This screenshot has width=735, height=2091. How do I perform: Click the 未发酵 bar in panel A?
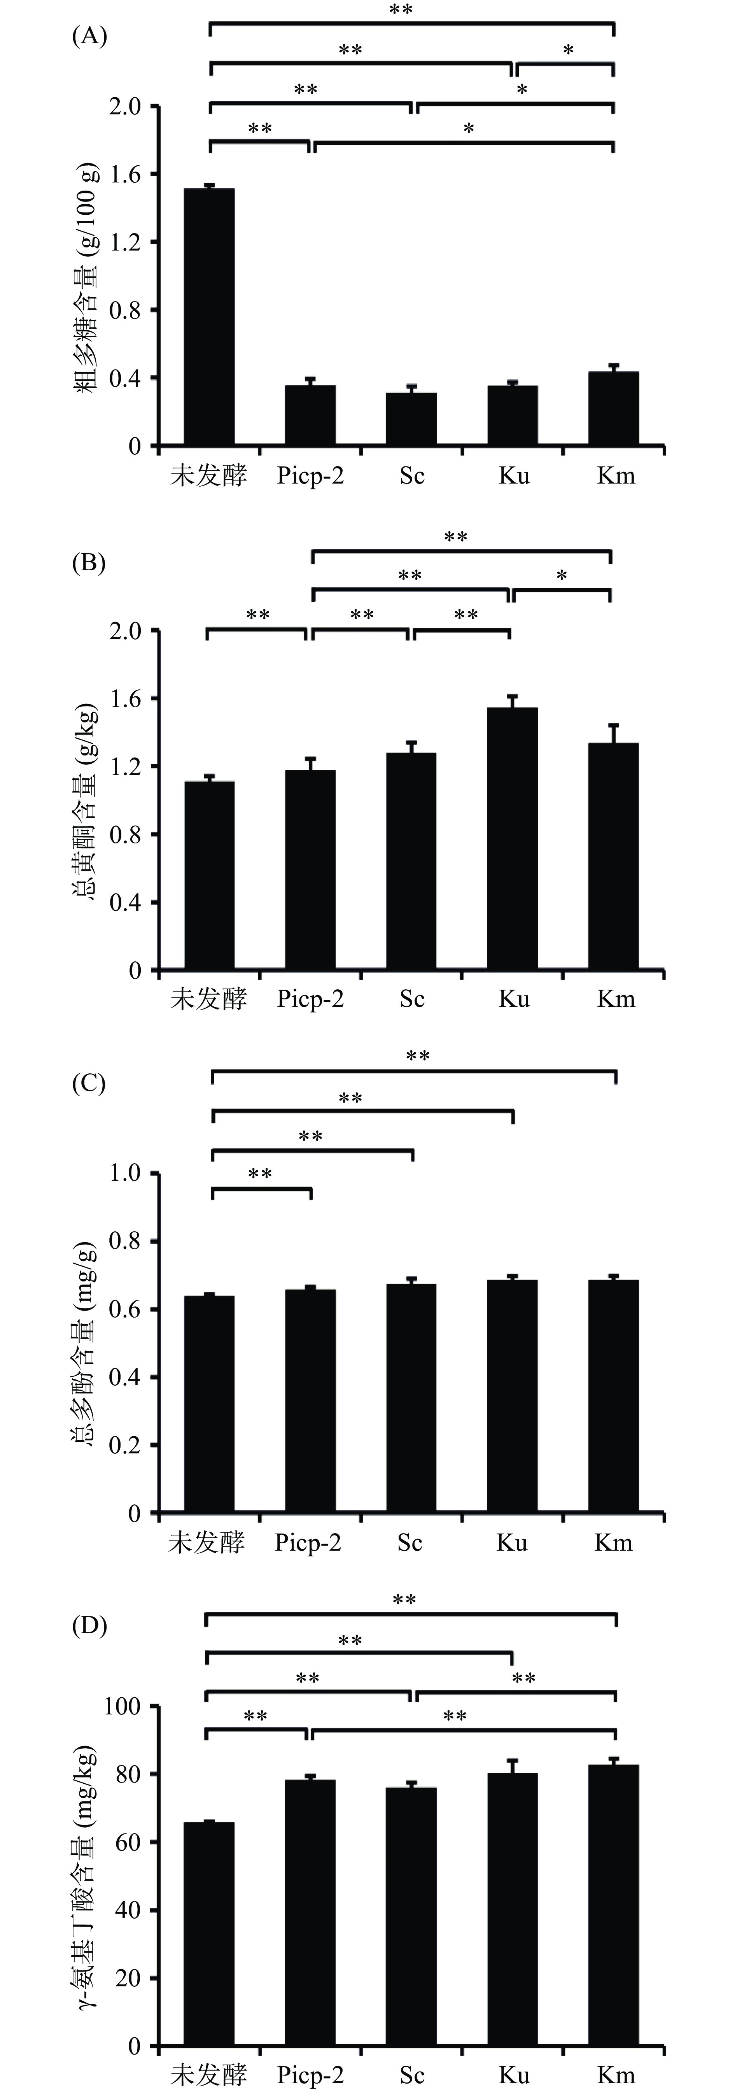(209, 317)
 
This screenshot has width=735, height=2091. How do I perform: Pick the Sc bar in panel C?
(411, 1398)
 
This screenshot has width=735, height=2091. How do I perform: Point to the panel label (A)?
(89, 37)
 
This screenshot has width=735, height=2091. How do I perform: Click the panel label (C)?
(89, 1084)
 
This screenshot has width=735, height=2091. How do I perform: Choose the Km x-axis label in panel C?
(613, 1542)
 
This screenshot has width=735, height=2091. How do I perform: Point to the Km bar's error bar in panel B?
(613, 732)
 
